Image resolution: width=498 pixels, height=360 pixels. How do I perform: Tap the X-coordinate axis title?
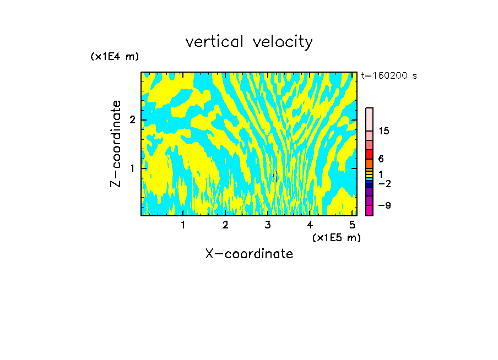coord(249,254)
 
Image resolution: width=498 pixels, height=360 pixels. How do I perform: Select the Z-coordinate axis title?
coord(116,144)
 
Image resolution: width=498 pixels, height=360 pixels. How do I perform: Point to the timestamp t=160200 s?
coord(389,76)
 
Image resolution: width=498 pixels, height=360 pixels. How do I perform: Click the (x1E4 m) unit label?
coord(115,57)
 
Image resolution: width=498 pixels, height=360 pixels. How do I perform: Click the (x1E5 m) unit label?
coord(336,237)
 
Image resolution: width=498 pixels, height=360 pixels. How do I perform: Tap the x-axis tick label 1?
coord(183,225)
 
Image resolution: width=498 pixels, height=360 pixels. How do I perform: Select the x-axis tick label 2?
coord(225,225)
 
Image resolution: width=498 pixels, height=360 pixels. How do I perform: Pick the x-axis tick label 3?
coord(268,225)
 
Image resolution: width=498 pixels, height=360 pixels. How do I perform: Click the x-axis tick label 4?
coord(310,225)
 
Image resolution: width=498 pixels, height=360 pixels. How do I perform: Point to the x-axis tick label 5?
coord(352,225)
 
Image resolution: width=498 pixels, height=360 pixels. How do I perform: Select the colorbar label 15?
coord(384,131)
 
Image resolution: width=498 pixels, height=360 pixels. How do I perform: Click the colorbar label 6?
coord(381,159)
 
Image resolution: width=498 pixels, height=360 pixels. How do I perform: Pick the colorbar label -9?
coord(385,205)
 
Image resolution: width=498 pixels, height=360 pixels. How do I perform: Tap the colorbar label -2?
coord(385,184)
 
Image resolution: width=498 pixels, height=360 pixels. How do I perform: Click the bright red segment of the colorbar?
coord(369,154)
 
